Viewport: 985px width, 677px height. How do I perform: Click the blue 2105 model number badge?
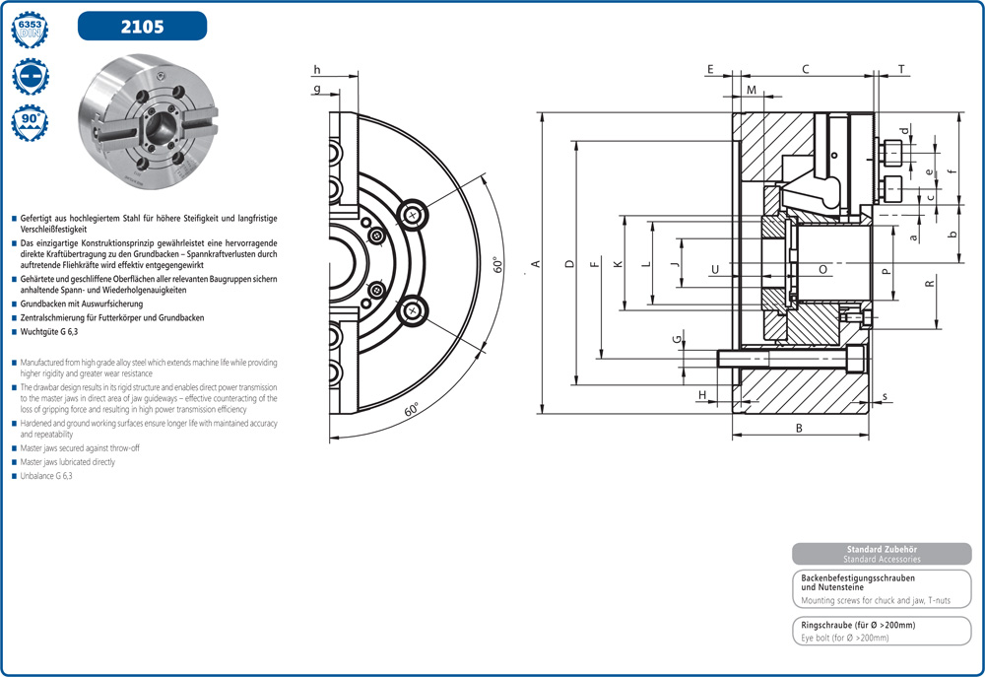(x=142, y=26)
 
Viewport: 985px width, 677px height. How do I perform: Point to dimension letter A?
(x=536, y=263)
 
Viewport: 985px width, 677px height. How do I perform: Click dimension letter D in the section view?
(x=569, y=263)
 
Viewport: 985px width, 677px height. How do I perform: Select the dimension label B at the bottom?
(x=799, y=428)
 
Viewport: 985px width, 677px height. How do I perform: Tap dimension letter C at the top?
(x=805, y=69)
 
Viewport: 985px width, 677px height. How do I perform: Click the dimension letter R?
(x=929, y=284)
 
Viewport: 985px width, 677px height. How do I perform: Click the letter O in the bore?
(x=822, y=269)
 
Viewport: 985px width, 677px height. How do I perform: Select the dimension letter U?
(x=715, y=269)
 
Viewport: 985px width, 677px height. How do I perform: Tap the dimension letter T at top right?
(x=901, y=69)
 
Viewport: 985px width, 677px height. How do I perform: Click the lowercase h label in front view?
(x=317, y=69)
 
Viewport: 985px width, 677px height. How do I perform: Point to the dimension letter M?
(x=752, y=90)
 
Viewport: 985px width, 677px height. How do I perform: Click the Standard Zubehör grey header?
(x=882, y=554)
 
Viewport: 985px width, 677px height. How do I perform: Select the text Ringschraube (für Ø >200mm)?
(x=858, y=625)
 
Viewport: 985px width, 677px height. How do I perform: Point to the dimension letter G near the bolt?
(x=677, y=339)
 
